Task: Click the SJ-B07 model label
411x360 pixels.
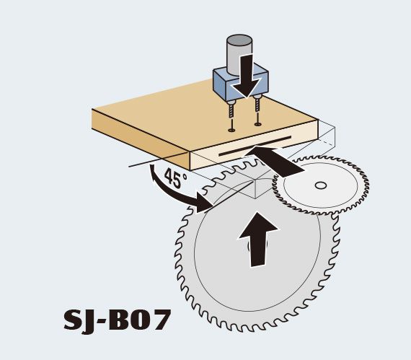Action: [117, 320]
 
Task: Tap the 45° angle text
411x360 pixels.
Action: [176, 177]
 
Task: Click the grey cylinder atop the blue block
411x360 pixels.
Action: [239, 54]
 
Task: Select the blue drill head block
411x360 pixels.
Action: [241, 82]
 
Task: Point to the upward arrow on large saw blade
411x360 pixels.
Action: [258, 239]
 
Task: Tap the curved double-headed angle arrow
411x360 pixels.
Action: [177, 189]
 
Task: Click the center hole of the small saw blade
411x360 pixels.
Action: [320, 185]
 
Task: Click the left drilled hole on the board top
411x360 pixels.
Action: [231, 130]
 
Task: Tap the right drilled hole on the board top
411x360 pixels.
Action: [258, 124]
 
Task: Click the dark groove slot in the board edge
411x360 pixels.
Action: [255, 146]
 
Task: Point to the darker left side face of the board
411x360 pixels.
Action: [141, 139]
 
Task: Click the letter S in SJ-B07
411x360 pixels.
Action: [72, 320]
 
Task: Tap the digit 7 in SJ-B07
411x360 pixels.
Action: [159, 320]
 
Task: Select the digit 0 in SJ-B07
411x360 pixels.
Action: [138, 320]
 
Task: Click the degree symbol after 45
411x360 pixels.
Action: [185, 176]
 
